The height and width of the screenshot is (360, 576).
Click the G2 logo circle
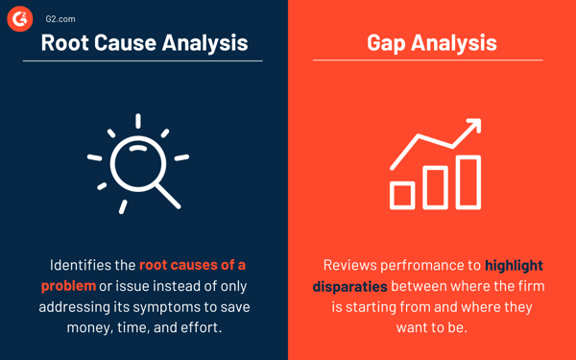20,18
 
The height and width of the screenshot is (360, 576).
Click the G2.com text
60,18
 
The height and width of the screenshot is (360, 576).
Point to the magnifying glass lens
137,163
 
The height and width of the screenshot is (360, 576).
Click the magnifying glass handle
168,196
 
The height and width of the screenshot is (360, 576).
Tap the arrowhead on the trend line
471,128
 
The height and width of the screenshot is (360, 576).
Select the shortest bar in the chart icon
402,195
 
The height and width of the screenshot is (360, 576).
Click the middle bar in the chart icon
435,188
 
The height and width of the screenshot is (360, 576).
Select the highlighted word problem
68,286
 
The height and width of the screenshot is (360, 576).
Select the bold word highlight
514,265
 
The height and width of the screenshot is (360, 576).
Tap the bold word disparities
349,286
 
